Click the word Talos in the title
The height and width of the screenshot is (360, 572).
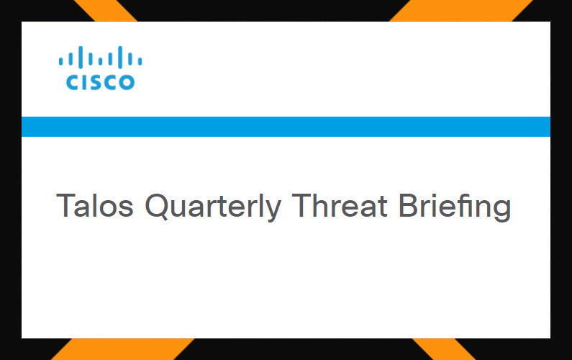click(95, 205)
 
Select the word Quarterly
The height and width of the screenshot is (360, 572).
click(214, 207)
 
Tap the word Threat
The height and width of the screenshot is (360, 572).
click(340, 205)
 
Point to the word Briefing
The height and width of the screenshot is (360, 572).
click(455, 207)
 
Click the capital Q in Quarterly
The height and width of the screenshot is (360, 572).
click(157, 207)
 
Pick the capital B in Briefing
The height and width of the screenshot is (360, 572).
click(409, 205)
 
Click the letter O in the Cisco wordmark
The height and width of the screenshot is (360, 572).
click(127, 82)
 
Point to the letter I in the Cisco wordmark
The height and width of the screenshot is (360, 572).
click(86, 82)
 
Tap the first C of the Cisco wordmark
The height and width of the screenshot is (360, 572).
click(73, 82)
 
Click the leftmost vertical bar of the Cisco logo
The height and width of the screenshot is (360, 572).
click(61, 60)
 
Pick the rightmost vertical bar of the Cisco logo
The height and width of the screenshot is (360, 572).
click(140, 60)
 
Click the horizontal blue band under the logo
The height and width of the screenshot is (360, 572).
click(286, 126)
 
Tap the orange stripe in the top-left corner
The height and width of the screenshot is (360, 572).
click(105, 11)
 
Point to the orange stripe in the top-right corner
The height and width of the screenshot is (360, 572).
click(462, 11)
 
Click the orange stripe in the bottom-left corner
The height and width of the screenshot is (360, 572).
click(122, 349)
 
